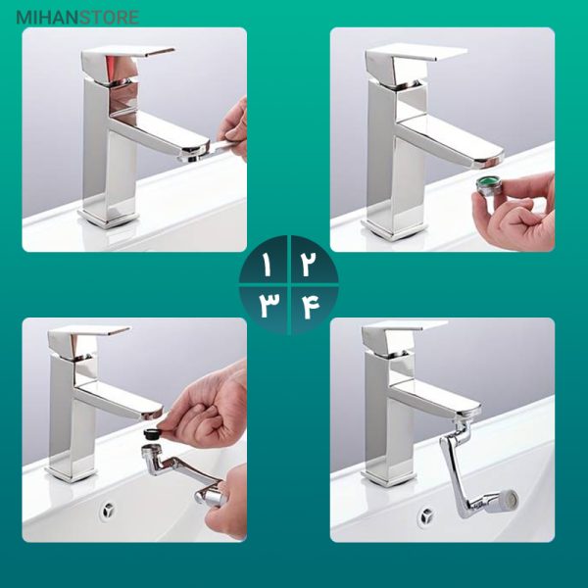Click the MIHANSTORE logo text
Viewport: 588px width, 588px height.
pyautogui.click(x=77, y=18)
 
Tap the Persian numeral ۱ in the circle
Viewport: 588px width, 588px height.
pyautogui.click(x=267, y=266)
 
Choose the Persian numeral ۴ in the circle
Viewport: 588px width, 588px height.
pyautogui.click(x=309, y=306)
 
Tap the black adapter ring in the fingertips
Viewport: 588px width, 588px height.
pyautogui.click(x=152, y=434)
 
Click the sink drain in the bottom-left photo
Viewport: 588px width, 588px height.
pyautogui.click(x=108, y=511)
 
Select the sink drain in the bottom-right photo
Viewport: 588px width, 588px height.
pyautogui.click(x=426, y=516)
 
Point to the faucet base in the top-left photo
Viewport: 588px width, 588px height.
pyautogui.click(x=108, y=219)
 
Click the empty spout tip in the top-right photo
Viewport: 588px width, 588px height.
pyautogui.click(x=487, y=162)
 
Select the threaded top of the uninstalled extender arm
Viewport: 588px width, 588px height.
pyautogui.click(x=151, y=451)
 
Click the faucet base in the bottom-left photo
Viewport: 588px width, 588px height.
pyautogui.click(x=72, y=473)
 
